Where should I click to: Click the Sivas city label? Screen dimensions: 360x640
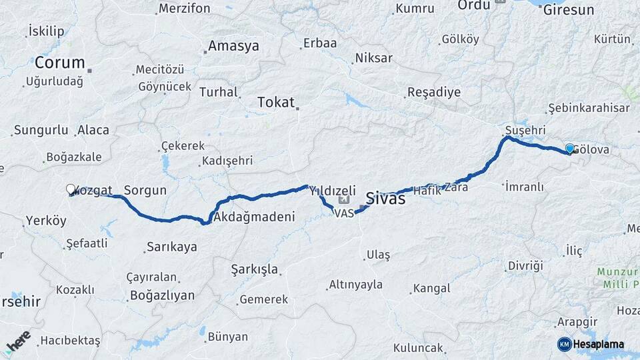point(385,199)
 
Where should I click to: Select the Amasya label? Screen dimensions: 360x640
point(233,46)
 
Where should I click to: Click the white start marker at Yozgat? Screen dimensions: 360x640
point(71,189)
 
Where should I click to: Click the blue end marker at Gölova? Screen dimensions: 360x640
point(569,148)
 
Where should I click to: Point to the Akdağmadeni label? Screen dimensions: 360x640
point(253,217)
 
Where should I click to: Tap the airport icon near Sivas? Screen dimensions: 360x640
point(344,199)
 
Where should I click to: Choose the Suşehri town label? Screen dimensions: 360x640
point(525,129)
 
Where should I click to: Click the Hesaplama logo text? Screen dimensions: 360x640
point(599,344)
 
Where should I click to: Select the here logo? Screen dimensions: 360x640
point(17,341)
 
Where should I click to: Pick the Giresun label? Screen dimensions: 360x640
point(568,10)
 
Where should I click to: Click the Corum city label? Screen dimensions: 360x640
point(59,63)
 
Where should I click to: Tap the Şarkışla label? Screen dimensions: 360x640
point(255,269)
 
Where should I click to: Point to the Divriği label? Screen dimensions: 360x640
point(525,265)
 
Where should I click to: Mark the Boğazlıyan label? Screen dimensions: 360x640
point(162,295)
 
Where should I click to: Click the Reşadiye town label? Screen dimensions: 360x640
point(433,92)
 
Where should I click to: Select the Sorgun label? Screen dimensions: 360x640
point(145,190)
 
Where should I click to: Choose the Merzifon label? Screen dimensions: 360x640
point(185,9)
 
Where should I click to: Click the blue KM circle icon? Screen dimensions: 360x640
point(564,344)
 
